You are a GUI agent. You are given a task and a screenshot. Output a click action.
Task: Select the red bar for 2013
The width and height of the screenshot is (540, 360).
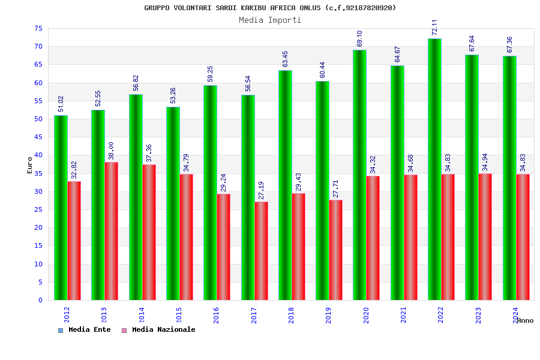pyautogui.click(x=112, y=231)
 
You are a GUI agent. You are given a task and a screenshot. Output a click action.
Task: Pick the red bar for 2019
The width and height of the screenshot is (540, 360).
pyautogui.click(x=336, y=250)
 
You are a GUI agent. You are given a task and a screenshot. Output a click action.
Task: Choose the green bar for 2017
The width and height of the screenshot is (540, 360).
pyautogui.click(x=248, y=197)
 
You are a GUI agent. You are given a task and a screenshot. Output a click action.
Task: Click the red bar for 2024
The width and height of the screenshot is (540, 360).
pyautogui.click(x=523, y=237)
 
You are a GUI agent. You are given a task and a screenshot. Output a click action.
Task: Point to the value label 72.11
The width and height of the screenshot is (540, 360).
pyautogui.click(x=435, y=28)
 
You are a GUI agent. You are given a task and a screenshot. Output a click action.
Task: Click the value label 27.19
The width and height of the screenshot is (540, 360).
pyautogui.click(x=260, y=191)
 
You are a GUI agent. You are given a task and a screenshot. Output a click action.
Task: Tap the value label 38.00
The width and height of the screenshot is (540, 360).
pyautogui.click(x=111, y=151)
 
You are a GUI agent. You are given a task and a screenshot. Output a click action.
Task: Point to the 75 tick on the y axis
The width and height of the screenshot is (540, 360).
pyautogui.click(x=38, y=28)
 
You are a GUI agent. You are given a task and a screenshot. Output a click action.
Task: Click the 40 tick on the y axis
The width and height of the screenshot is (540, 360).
pyautogui.click(x=38, y=155)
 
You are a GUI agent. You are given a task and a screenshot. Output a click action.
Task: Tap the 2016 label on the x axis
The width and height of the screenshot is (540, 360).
pyautogui.click(x=217, y=315)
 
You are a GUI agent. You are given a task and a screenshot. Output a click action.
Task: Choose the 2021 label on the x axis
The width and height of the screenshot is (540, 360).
pyautogui.click(x=403, y=315)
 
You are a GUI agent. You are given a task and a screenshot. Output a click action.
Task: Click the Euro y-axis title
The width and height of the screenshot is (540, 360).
pyautogui.click(x=30, y=165)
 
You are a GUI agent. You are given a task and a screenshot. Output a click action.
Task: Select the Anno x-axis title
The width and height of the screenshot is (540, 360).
pyautogui.click(x=525, y=320)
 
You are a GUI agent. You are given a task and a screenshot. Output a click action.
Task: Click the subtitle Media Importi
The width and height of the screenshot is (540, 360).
pyautogui.click(x=270, y=20)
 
